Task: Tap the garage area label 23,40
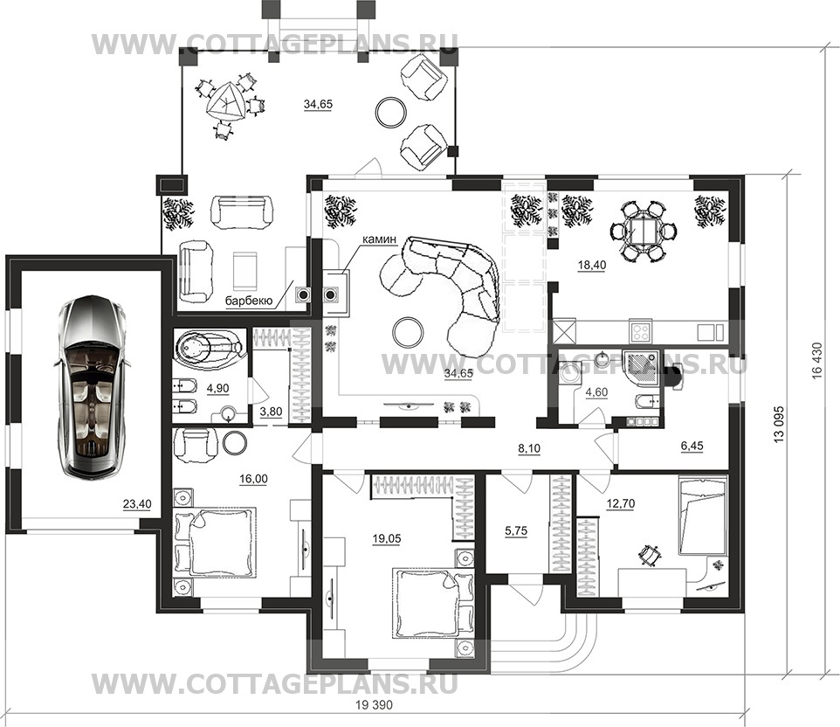137,504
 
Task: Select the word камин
379,239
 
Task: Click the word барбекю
249,301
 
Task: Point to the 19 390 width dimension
374,705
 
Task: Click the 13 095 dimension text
779,424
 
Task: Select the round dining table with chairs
644,231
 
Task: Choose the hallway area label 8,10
529,449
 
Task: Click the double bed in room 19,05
434,602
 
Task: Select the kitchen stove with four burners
640,331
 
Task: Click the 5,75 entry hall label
516,531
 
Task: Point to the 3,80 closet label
271,412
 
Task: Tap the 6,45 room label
692,446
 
